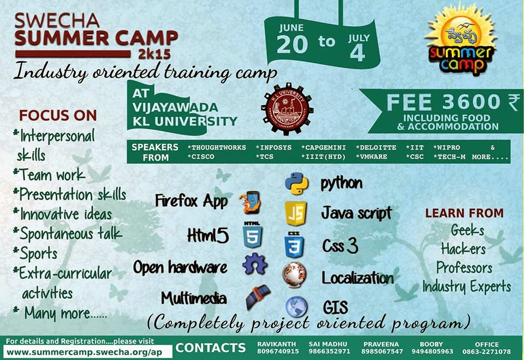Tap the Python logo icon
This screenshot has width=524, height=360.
[296, 184]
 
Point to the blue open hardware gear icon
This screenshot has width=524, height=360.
[255, 265]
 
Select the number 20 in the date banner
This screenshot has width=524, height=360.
[293, 44]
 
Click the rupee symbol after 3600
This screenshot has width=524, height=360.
[513, 103]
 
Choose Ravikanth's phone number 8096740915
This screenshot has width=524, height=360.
[278, 351]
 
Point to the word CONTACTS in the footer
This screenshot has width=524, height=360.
[211, 348]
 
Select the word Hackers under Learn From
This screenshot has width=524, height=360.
[463, 249]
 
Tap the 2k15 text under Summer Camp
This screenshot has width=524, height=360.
[143, 55]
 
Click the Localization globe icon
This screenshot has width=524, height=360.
[294, 276]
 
